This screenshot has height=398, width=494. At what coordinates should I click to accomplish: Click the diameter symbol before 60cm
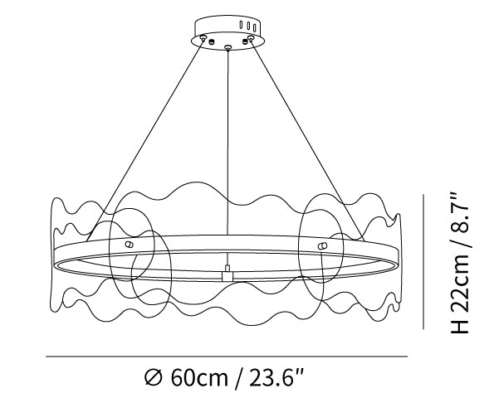(x=154, y=378)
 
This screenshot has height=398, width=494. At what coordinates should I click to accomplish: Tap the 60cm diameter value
(x=198, y=378)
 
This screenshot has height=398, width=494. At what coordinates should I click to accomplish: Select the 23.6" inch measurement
(x=276, y=378)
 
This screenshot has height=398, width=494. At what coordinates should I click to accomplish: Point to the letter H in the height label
(x=460, y=326)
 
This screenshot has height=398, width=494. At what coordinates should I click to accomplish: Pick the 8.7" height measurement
(x=460, y=211)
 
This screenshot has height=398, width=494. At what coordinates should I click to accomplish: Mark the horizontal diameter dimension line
(x=227, y=357)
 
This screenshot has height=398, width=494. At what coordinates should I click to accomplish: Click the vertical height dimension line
(x=423, y=262)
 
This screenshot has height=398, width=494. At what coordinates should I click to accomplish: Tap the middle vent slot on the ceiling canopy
(x=248, y=26)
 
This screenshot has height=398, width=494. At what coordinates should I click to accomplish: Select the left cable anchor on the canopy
(x=203, y=38)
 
